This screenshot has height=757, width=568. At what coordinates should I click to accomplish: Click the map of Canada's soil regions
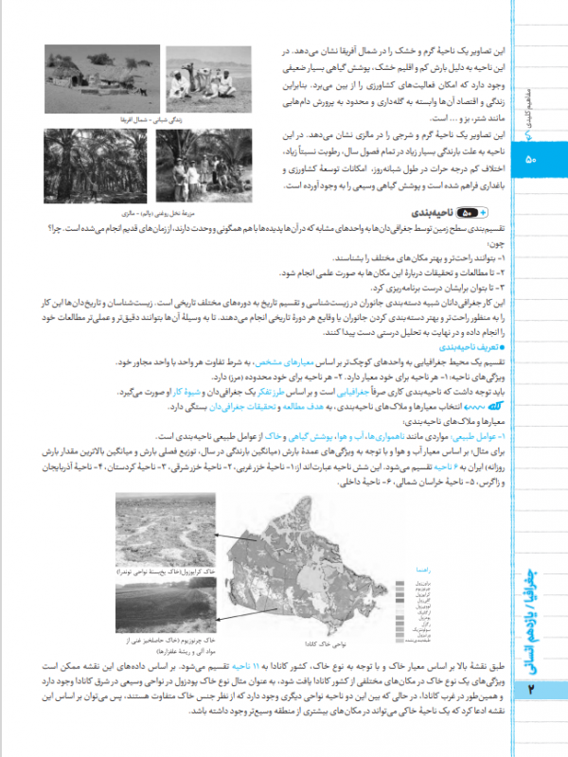point(312,562)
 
